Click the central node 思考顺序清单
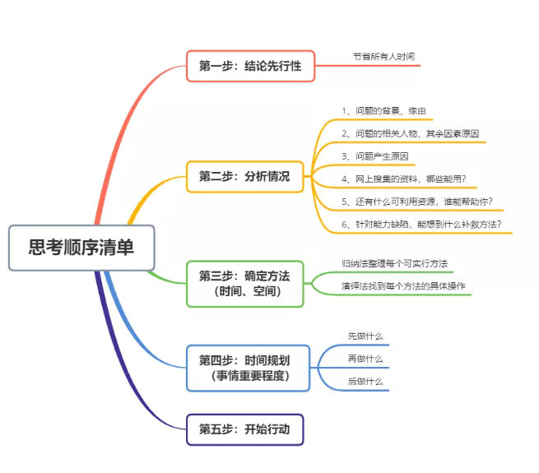[x=81, y=247]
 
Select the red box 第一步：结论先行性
[x=250, y=66]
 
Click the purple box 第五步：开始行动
[x=244, y=429]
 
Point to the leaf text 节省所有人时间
[x=383, y=57]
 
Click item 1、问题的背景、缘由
[x=383, y=110]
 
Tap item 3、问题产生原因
[x=374, y=155]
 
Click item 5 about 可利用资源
[x=416, y=201]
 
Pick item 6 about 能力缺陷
[x=421, y=224]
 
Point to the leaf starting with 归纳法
[x=394, y=263]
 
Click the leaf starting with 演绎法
[x=402, y=286]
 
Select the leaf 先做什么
[x=365, y=336]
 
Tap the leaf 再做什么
[x=365, y=359]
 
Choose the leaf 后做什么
[x=365, y=381]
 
